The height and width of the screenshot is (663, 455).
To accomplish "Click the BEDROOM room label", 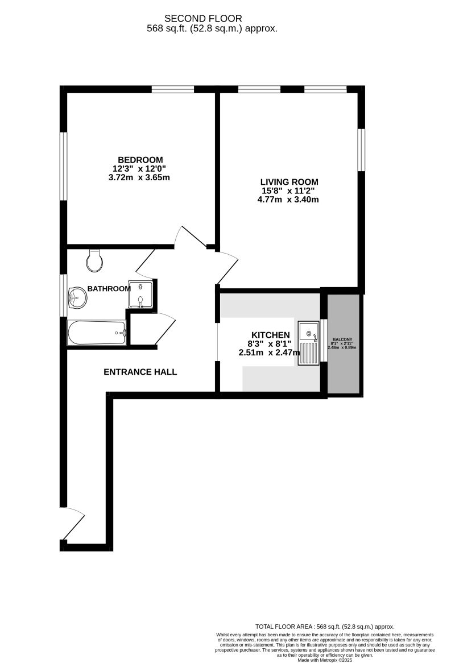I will pyautogui.click(x=140, y=160).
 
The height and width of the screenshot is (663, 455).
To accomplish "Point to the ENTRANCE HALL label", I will pyautogui.click(x=140, y=372).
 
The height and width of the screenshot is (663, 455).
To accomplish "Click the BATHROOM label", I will pyautogui.click(x=109, y=289).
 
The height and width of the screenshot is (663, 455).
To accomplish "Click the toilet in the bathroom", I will pyautogui.click(x=94, y=260).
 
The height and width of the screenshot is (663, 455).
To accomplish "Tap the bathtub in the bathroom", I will pyautogui.click(x=97, y=333).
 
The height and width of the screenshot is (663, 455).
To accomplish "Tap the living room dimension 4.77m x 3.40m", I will pyautogui.click(x=288, y=200).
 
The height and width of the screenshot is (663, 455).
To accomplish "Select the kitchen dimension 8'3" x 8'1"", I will pyautogui.click(x=269, y=344).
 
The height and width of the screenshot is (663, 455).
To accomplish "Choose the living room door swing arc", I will pyautogui.click(x=227, y=267).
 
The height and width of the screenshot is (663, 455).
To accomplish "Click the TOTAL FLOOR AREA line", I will pyautogui.click(x=325, y=626).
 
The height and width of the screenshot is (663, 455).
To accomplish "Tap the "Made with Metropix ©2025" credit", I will pyautogui.click(x=325, y=659).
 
